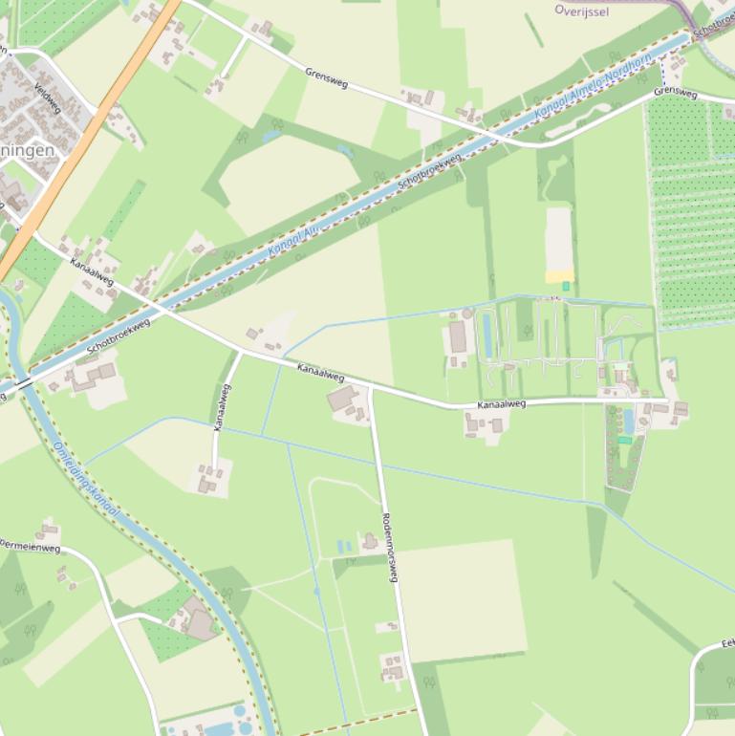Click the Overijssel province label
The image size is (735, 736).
(x=582, y=11)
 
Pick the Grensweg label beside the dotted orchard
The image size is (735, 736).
(x=675, y=92)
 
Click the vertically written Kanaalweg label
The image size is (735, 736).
(x=223, y=407)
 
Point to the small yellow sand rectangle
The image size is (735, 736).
(x=559, y=276)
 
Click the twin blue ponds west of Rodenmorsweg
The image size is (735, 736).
(x=344, y=547)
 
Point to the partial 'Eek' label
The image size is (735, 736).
(x=726, y=644)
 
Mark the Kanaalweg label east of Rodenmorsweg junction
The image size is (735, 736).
(x=501, y=404)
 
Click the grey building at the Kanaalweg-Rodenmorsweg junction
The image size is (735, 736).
(x=342, y=398)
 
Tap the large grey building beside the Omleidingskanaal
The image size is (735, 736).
(x=201, y=624)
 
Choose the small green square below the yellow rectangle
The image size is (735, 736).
(x=566, y=286)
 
